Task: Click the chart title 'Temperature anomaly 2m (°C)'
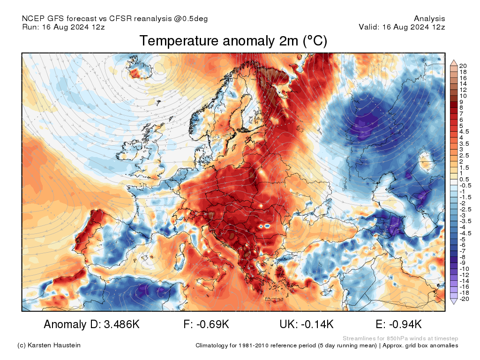233,41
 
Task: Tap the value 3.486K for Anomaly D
118,324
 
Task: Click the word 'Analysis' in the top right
429,19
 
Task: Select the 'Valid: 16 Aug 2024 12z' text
402,27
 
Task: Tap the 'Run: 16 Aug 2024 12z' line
63,27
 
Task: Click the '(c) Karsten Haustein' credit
49,345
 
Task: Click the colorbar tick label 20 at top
463,65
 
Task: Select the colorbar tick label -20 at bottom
464,299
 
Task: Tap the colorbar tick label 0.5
464,179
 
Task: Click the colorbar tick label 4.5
464,132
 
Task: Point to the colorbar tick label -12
464,275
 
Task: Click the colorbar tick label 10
463,96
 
